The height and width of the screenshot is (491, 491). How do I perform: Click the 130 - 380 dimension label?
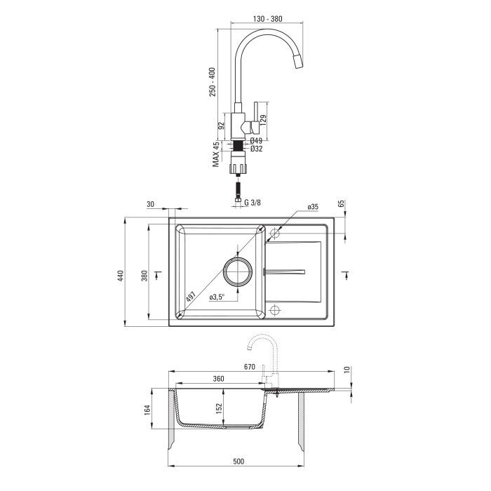click(267, 19)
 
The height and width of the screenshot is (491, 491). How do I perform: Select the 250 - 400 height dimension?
click(213, 82)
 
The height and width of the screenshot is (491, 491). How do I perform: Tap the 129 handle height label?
click(263, 120)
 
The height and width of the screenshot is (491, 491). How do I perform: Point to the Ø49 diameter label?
click(256, 140)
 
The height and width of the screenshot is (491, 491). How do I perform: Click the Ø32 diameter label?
click(256, 149)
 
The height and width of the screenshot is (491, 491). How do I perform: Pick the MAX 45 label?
click(216, 154)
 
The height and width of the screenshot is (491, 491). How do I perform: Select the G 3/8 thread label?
click(252, 203)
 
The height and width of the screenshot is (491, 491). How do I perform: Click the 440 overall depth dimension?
click(121, 276)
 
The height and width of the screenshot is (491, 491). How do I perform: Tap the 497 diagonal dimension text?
click(191, 296)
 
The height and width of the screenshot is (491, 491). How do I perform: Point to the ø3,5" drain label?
click(217, 297)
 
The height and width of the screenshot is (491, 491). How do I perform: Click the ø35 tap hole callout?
click(313, 207)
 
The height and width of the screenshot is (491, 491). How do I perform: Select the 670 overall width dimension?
click(249, 366)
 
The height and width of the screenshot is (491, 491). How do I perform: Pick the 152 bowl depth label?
click(219, 408)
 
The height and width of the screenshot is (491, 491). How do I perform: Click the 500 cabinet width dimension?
click(238, 462)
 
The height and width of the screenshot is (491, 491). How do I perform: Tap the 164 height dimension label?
click(147, 410)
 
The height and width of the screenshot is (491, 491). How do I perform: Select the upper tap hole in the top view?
click(275, 233)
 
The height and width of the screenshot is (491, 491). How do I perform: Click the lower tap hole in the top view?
click(275, 310)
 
